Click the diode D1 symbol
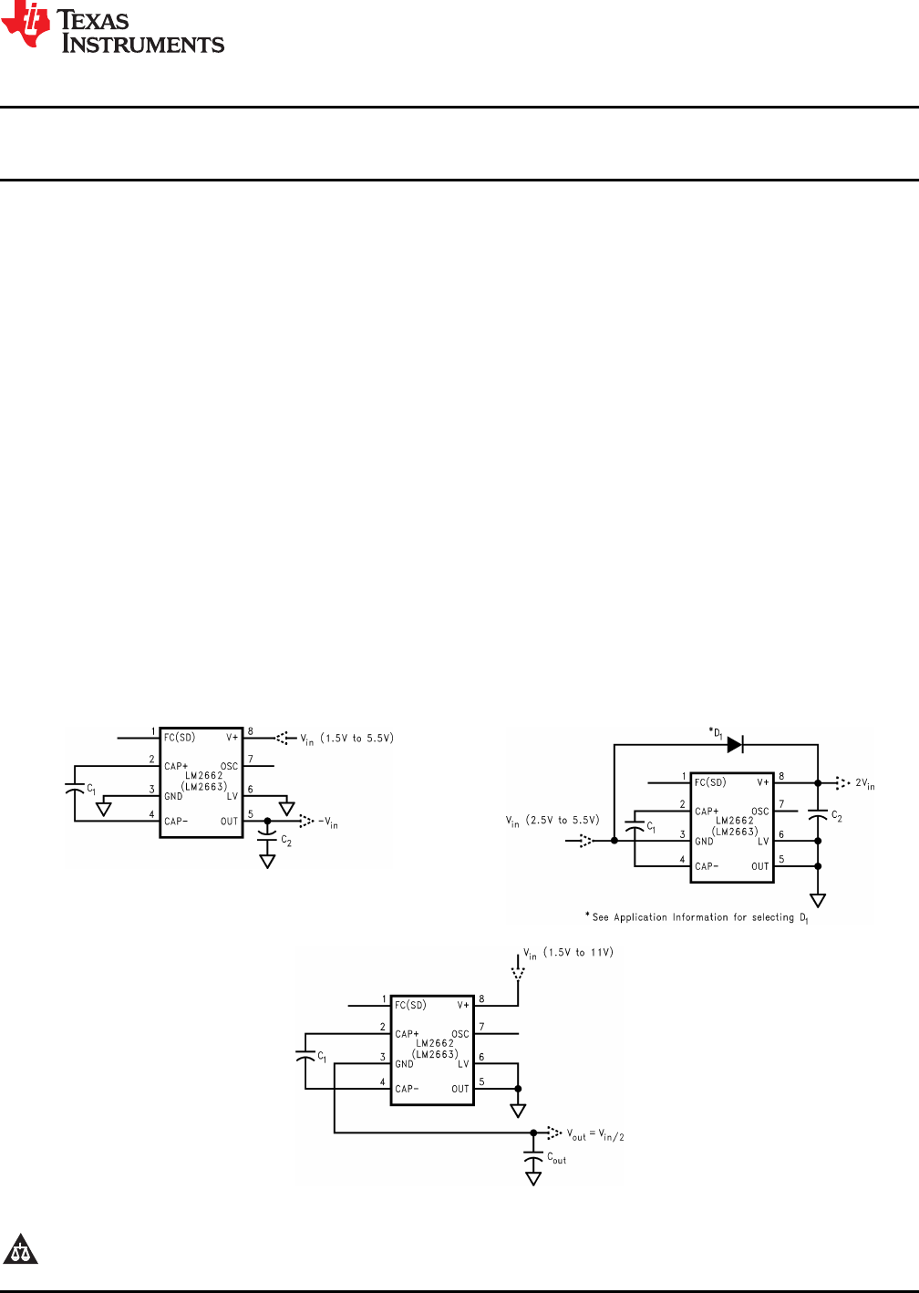pos(735,745)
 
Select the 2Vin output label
pos(864,783)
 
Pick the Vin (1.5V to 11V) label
pos(568,953)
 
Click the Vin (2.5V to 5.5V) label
pos(552,821)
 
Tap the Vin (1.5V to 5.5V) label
pos(347,739)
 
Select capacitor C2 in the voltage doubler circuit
pos(818,817)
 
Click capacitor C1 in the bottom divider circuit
pos(305,1056)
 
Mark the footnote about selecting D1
pos(697,917)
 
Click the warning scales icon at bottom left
pos(20,1250)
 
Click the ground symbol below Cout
pos(533,1178)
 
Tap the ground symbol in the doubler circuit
pos(818,900)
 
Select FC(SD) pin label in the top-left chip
pos(180,737)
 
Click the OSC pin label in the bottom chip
pos(460,1034)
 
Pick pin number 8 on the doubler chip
pos(781,777)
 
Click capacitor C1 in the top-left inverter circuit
pos(75,788)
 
